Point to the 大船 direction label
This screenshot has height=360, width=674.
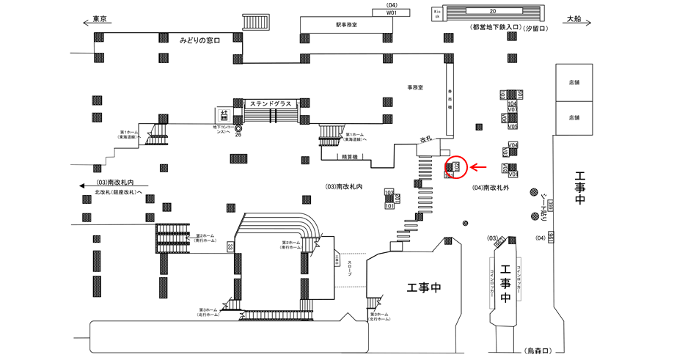574,20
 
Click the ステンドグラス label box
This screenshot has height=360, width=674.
271,103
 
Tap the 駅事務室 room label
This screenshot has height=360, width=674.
345,26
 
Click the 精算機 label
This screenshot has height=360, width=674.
348,156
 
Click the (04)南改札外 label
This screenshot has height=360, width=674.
491,187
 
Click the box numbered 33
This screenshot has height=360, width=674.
230,246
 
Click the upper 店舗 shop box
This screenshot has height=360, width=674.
574,83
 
